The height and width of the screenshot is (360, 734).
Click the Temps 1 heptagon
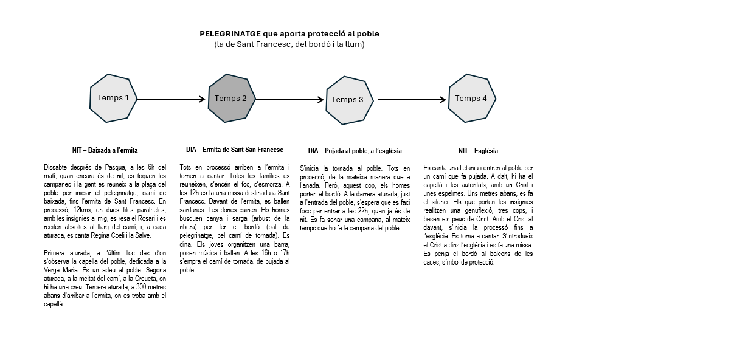tap(113, 98)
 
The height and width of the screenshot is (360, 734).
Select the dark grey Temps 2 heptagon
tap(232, 99)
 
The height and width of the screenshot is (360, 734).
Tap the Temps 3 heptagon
tap(349, 100)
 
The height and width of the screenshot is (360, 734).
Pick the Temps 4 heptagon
tap(472, 98)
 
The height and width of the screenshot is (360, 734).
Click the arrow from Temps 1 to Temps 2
tap(172, 99)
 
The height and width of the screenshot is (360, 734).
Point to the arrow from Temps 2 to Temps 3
tap(290, 100)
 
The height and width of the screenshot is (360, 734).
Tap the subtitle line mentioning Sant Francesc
tap(289, 44)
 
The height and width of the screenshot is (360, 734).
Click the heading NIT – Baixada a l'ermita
tap(105, 150)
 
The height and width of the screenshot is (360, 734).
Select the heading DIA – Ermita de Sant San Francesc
tap(235, 150)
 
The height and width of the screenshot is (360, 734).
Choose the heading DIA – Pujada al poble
tap(355, 151)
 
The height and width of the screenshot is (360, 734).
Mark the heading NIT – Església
tap(478, 151)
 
